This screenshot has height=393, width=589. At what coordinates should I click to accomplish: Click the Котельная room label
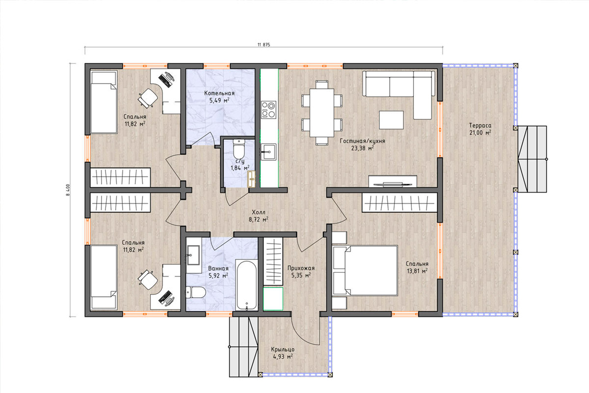pyautogui.click(x=219, y=93)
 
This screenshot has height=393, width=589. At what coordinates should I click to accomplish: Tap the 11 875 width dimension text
pyautogui.click(x=264, y=45)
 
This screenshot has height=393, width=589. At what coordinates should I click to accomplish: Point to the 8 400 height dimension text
pyautogui.click(x=68, y=190)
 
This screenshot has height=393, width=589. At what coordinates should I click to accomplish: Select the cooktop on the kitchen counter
pyautogui.click(x=268, y=110)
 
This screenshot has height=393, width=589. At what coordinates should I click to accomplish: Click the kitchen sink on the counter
pyautogui.click(x=268, y=152)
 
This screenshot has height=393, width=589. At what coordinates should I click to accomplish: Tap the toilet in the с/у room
pyautogui.click(x=239, y=149)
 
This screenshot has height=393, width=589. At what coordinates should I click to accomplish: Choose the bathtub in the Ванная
pyautogui.click(x=246, y=285)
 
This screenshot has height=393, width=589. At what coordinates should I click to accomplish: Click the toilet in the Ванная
pyautogui.click(x=195, y=292)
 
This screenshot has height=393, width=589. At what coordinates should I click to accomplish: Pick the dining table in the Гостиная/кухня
pyautogui.click(x=322, y=112)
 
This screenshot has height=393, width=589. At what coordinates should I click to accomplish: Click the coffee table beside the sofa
pyautogui.click(x=391, y=120)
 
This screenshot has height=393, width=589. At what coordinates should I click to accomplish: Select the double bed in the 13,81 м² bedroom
pyautogui.click(x=365, y=270)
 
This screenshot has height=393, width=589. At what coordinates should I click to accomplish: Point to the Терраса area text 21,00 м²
pyautogui.click(x=480, y=133)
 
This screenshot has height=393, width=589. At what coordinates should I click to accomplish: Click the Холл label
pyautogui.click(x=259, y=212)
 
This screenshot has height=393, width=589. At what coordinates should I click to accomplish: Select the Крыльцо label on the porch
pyautogui.click(x=283, y=350)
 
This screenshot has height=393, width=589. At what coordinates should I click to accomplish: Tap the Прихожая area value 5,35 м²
pyautogui.click(x=301, y=276)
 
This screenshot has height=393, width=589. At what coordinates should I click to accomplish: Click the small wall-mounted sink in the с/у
pyautogui.click(x=252, y=179)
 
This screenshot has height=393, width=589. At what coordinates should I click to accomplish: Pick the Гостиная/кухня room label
pyautogui.click(x=362, y=141)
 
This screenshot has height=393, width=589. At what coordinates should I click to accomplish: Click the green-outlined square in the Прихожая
pyautogui.click(x=273, y=299)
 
